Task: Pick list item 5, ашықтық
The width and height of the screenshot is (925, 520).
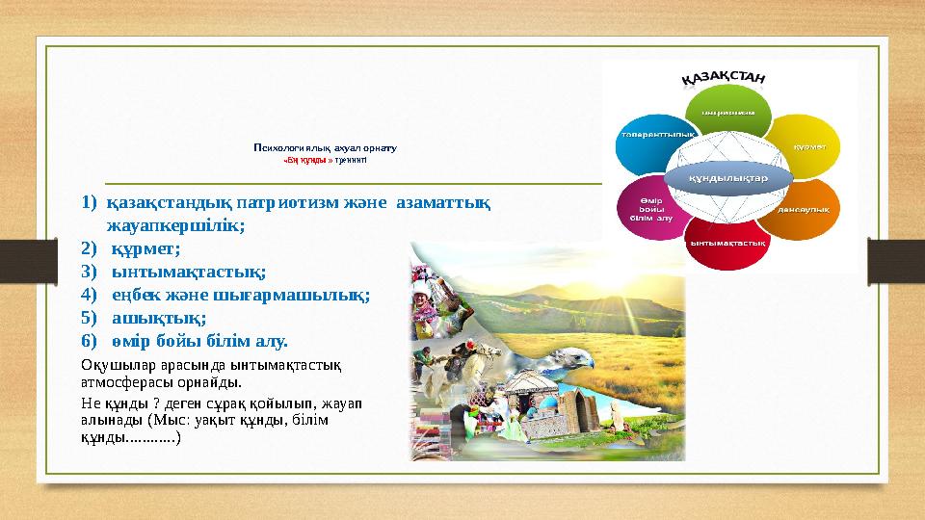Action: (x=159, y=318)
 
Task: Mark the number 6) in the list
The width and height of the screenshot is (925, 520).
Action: (x=90, y=341)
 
